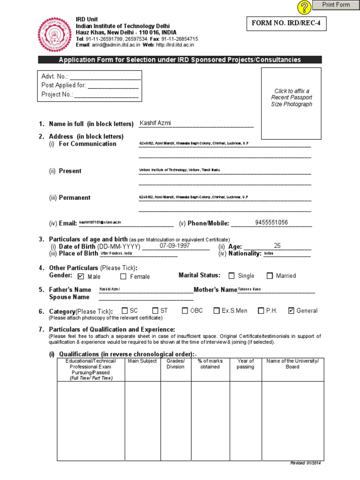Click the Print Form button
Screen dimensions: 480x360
tap(336, 5)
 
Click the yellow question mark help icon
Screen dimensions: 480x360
tap(304, 7)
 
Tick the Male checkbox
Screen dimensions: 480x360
tap(81, 276)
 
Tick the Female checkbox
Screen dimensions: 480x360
tap(123, 276)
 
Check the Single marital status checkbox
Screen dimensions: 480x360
tap(232, 276)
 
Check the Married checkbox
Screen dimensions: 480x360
tap(270, 276)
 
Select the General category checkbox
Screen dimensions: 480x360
tap(291, 310)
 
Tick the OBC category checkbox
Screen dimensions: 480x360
tap(185, 310)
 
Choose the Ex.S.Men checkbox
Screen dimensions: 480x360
tap(217, 310)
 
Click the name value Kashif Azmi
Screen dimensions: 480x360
tap(156, 123)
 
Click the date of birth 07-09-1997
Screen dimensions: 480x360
tap(174, 246)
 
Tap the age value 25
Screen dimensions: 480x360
tap(277, 246)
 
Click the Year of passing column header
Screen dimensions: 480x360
tap(245, 364)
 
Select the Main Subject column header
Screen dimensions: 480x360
tap(142, 361)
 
